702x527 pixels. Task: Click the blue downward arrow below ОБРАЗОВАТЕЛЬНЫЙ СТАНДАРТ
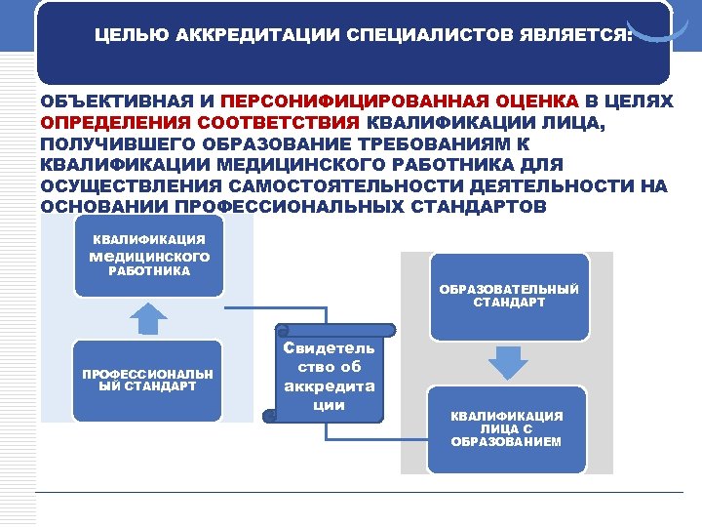coord(507,362)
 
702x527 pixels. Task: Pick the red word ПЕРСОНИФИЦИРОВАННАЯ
coord(368,101)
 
